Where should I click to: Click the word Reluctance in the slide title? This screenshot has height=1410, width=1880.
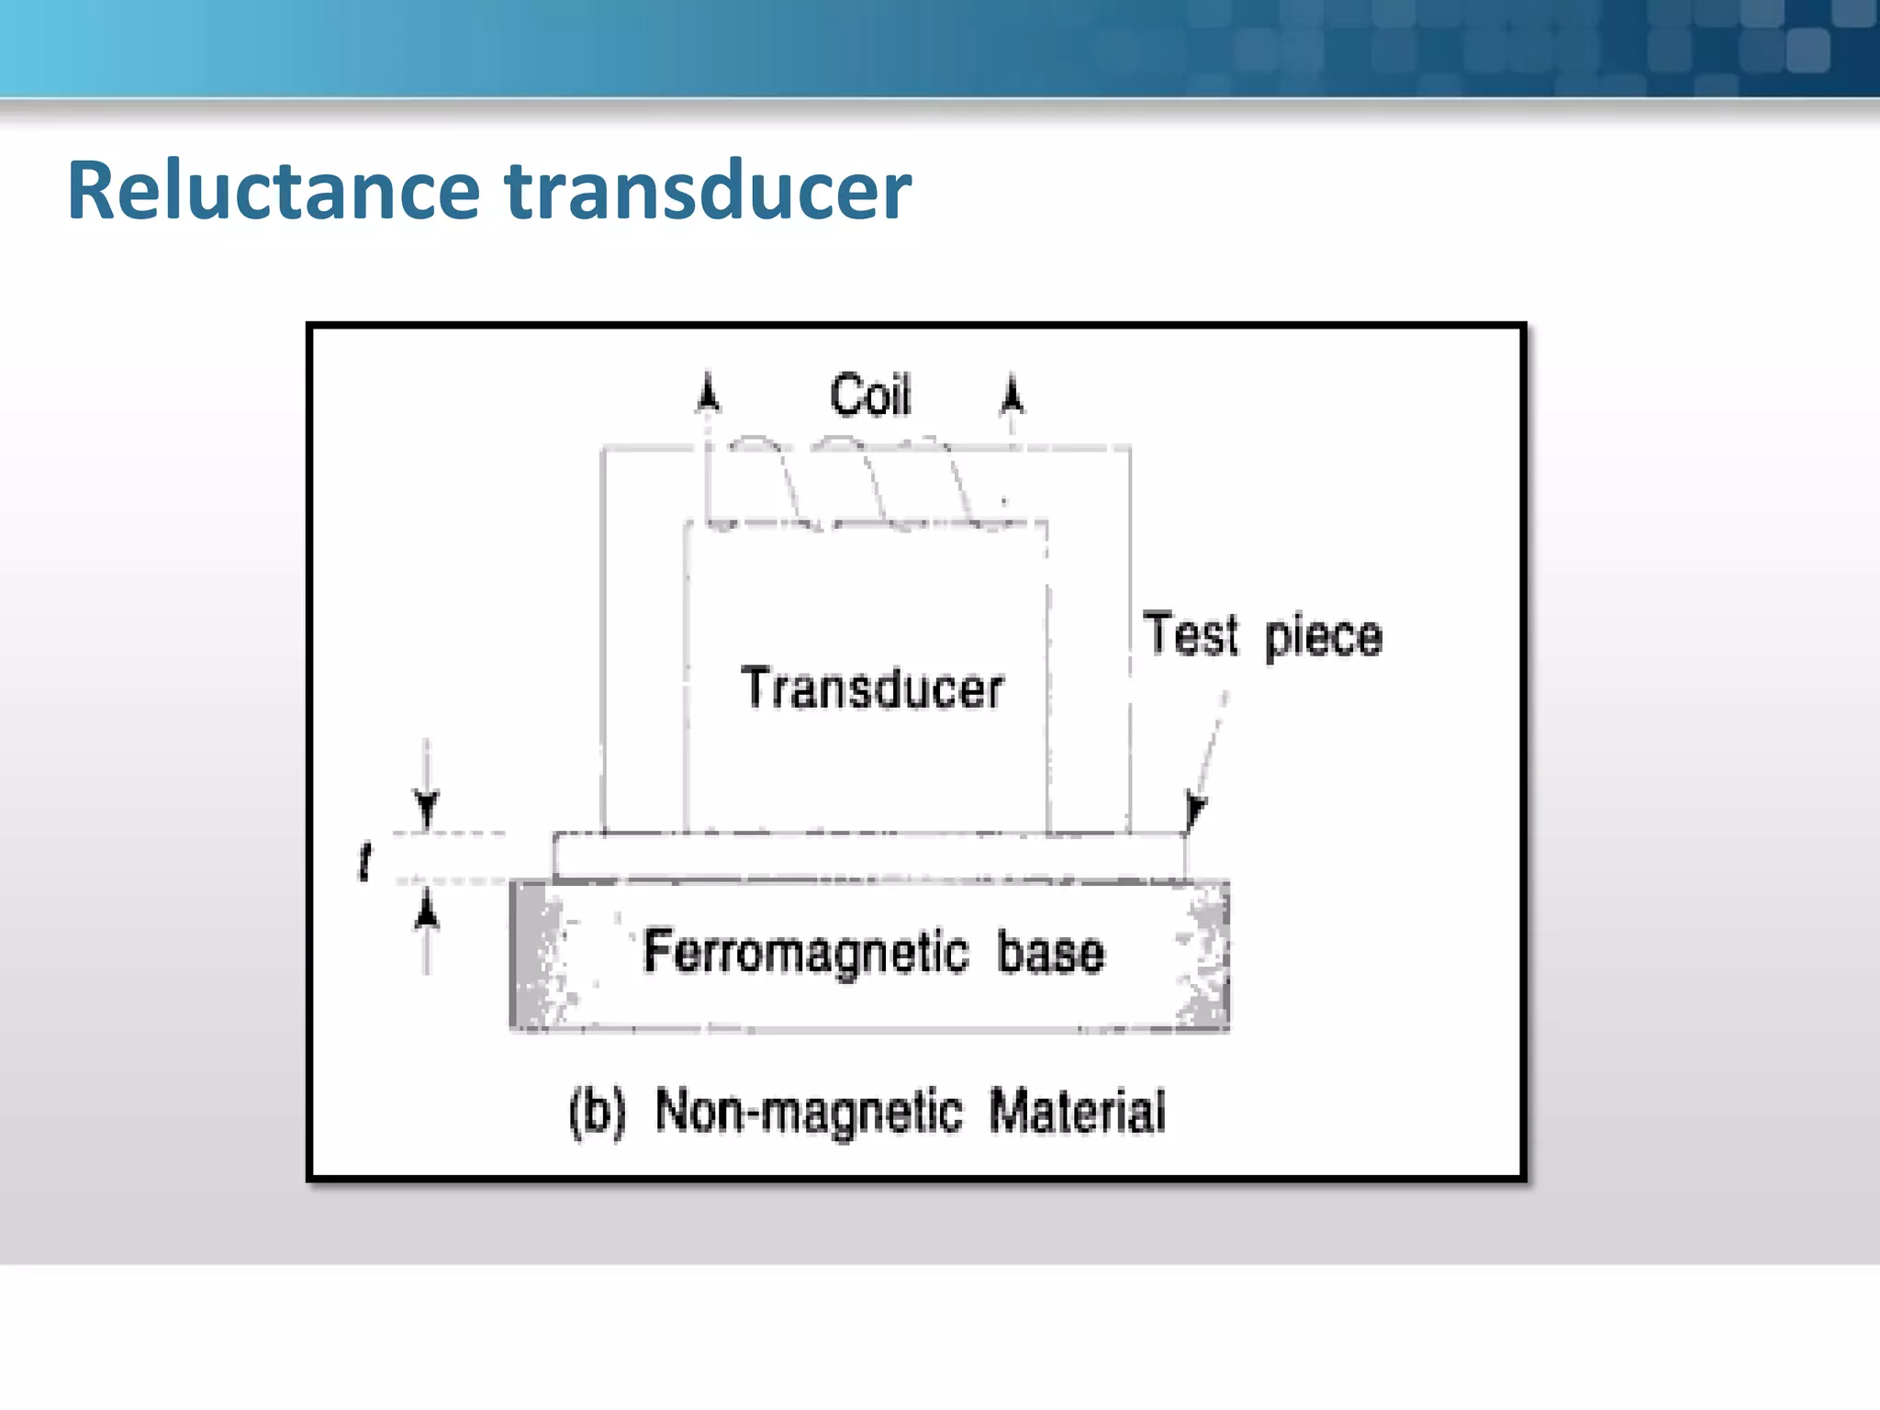point(274,191)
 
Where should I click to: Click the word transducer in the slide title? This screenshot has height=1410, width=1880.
point(709,191)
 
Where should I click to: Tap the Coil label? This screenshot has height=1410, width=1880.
point(869,396)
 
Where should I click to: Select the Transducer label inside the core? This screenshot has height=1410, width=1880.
point(872,688)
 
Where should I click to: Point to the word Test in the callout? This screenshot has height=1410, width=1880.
point(1191,634)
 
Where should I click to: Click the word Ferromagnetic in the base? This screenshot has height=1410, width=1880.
point(806,952)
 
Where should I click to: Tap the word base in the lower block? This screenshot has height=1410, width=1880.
point(1051,953)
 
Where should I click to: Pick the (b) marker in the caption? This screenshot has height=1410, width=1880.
point(598,1113)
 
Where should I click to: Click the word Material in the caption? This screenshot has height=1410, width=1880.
point(1078,1113)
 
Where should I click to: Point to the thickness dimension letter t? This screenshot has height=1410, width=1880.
point(365,861)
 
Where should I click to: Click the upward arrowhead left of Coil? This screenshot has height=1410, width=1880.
point(708,392)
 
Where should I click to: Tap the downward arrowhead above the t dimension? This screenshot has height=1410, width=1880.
point(427,808)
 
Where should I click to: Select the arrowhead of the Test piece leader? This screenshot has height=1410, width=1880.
point(1195,810)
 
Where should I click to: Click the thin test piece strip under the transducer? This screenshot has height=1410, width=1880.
point(867,856)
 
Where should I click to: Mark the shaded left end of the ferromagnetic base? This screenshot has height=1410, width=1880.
point(538,955)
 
